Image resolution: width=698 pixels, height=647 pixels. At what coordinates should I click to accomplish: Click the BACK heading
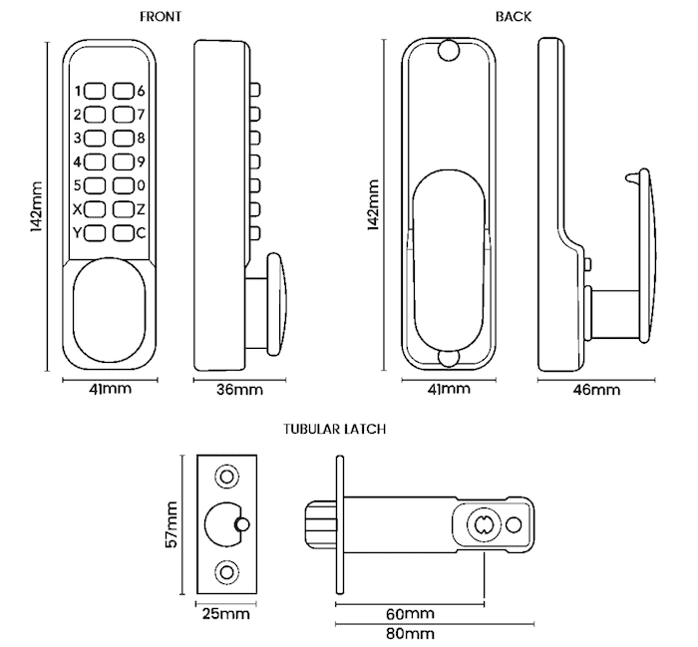tap(513, 16)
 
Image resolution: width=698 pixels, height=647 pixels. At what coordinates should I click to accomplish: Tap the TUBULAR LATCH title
tap(334, 429)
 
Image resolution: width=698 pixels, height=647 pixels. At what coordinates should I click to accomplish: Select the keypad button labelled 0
tap(123, 185)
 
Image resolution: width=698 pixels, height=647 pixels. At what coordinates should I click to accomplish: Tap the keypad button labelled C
tap(123, 233)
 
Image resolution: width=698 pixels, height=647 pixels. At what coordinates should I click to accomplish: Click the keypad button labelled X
tap(95, 209)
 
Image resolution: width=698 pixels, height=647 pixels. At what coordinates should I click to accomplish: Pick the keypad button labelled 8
tap(123, 138)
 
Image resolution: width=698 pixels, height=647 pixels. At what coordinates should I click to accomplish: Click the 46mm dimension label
tap(595, 389)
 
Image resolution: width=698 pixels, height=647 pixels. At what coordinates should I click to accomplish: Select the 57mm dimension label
tap(172, 523)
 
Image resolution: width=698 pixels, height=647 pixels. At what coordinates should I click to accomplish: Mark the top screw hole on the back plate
tap(447, 49)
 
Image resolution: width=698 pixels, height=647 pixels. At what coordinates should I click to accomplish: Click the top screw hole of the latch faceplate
tap(227, 477)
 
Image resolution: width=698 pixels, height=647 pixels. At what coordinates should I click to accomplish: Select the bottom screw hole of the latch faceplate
tap(227, 571)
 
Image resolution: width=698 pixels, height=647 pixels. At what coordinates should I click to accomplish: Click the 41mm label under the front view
tap(110, 389)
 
